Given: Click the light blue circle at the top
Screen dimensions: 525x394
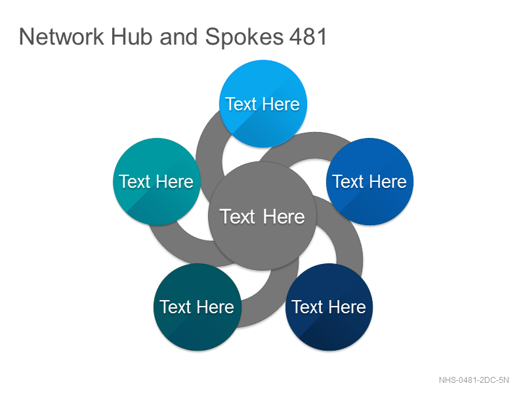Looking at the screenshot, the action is pyautogui.click(x=263, y=104).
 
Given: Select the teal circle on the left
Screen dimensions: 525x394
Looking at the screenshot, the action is pyautogui.click(x=157, y=182).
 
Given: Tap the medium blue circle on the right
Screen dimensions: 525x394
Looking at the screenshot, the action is pyautogui.click(x=369, y=182).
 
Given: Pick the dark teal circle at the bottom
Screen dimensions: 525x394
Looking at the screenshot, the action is pyautogui.click(x=198, y=307).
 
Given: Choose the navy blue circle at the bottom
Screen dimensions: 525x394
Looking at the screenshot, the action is pyautogui.click(x=329, y=307).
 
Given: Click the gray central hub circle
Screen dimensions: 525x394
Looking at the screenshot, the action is pyautogui.click(x=262, y=216).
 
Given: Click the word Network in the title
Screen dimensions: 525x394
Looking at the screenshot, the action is pyautogui.click(x=62, y=37).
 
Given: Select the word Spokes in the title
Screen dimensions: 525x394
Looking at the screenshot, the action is pyautogui.click(x=244, y=37).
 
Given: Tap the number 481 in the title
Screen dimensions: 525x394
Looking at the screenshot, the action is pyautogui.click(x=308, y=37).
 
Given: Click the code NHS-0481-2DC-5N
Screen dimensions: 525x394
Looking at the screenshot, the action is pyautogui.click(x=474, y=380).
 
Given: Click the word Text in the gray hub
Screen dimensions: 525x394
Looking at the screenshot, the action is pyautogui.click(x=238, y=217).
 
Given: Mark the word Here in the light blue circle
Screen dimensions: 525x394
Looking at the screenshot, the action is pyautogui.click(x=282, y=104).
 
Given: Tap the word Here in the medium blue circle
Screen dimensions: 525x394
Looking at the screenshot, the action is pyautogui.click(x=388, y=182).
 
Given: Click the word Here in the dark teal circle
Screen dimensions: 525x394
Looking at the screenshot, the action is pyautogui.click(x=215, y=307).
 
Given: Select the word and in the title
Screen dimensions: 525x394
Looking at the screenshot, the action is pyautogui.click(x=178, y=37).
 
